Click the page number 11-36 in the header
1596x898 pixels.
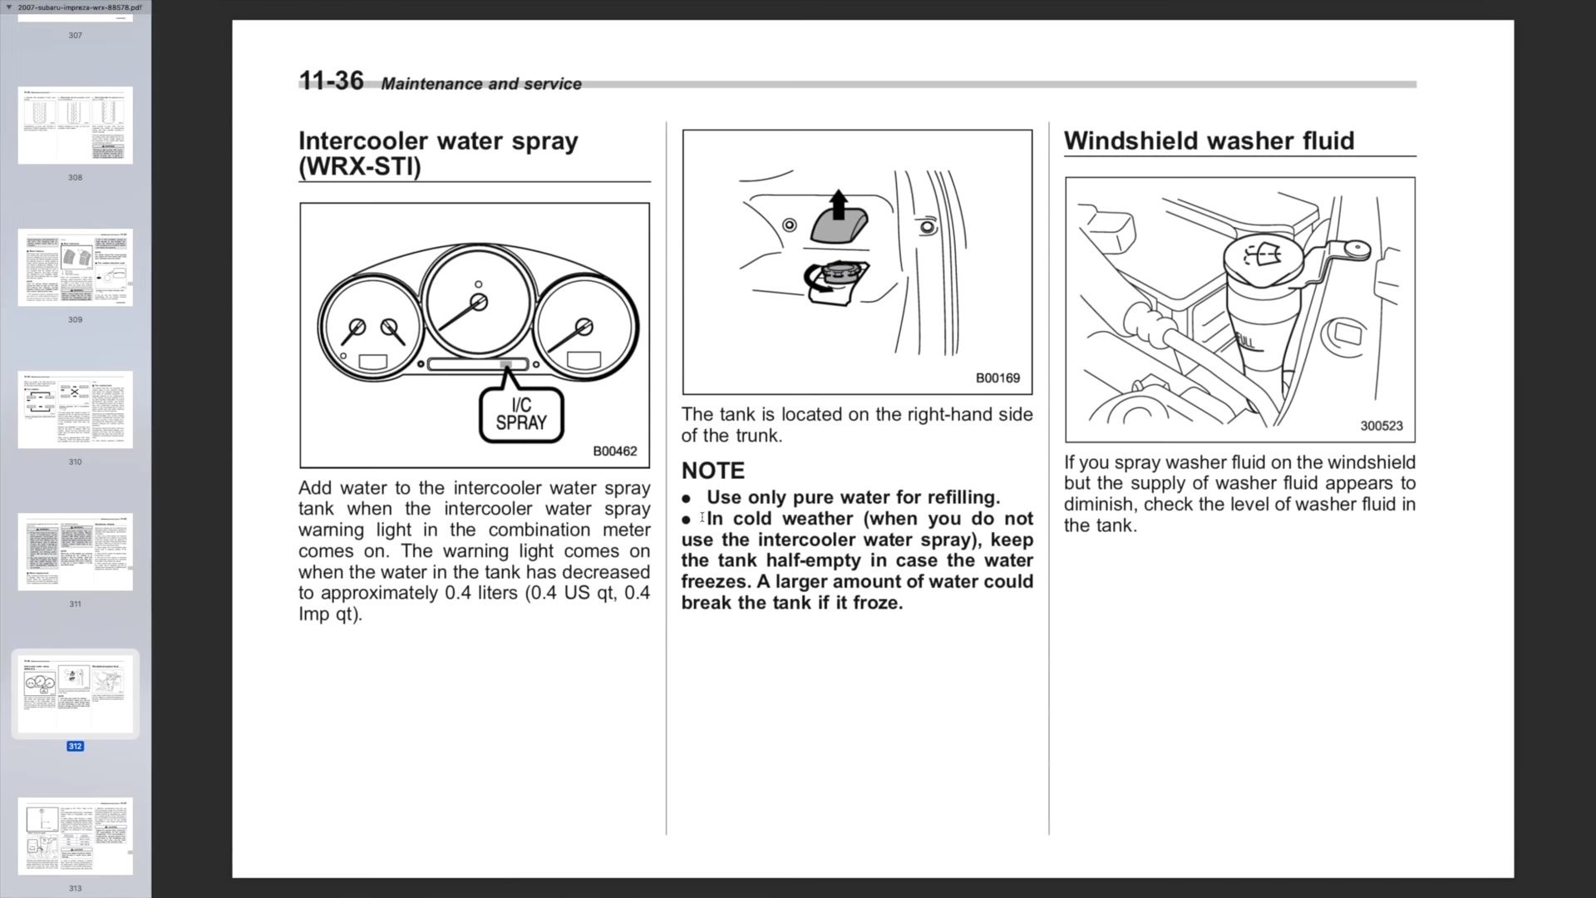click(331, 81)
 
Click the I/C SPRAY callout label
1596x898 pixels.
click(521, 414)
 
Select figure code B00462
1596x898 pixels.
click(614, 451)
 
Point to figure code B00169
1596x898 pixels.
click(997, 378)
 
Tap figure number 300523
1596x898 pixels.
click(1381, 426)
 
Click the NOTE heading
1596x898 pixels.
click(712, 471)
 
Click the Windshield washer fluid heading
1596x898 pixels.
click(1209, 141)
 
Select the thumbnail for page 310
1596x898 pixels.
click(76, 410)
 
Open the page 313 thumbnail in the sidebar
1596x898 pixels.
click(76, 836)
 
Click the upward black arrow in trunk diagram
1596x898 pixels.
click(838, 204)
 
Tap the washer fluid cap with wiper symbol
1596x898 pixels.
click(1262, 254)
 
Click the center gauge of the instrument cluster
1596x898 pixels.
click(478, 301)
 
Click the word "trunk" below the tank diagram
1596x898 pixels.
click(756, 436)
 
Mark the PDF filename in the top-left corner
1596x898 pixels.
click(80, 7)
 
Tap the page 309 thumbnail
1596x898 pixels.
click(76, 268)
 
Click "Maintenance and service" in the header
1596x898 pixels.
click(481, 84)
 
